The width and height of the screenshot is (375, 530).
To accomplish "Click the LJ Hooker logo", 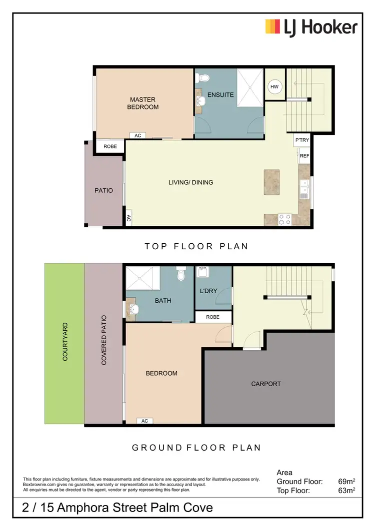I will tap(311, 26).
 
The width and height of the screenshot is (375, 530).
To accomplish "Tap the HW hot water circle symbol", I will tap(274, 87).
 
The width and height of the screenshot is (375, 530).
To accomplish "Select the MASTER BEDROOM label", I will tap(143, 103).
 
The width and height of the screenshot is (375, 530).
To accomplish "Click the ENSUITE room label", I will tap(220, 94).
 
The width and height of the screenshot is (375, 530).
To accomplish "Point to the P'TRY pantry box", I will tap(302, 140).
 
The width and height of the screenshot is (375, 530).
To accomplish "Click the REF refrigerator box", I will tap(304, 156).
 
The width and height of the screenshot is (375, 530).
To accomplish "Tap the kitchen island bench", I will tap(272, 182).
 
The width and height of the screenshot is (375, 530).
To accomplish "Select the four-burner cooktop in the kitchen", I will tap(284, 219).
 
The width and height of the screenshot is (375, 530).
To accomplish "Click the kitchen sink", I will tap(304, 188).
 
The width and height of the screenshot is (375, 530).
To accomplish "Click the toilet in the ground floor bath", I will tap(181, 274).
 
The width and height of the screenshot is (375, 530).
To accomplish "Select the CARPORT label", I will tap(265, 384).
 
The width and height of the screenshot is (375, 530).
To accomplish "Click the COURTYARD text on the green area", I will tap(65, 342).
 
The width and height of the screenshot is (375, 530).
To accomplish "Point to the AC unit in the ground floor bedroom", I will tap(144, 421).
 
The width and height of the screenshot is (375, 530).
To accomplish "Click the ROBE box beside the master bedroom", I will tap(110, 147).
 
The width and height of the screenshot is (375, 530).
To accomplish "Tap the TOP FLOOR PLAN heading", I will tap(196, 246).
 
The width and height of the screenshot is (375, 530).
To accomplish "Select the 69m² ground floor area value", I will tap(346, 482).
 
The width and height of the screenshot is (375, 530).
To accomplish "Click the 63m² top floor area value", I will tap(346, 491).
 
